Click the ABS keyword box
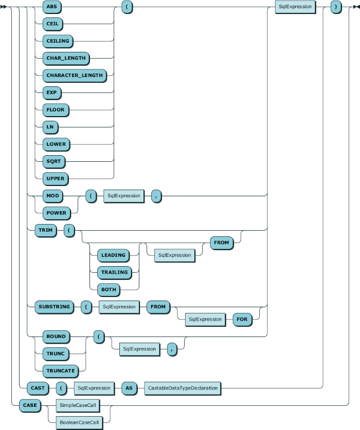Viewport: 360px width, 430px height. click(x=52, y=7)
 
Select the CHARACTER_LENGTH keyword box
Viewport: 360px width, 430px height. click(x=75, y=76)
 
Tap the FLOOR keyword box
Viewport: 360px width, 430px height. click(x=56, y=110)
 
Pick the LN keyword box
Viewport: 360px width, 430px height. click(x=50, y=127)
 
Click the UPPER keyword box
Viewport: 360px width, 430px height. click(x=56, y=179)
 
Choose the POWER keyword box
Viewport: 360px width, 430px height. click(x=56, y=213)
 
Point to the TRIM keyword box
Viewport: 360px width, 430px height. click(x=46, y=230)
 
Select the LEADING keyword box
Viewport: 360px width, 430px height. click(x=114, y=255)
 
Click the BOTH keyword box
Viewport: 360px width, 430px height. click(x=109, y=290)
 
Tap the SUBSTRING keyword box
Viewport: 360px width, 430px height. click(x=55, y=307)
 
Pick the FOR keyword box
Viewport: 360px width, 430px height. click(x=242, y=320)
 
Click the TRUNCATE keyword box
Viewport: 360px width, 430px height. click(x=61, y=371)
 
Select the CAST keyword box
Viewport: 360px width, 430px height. click(x=38, y=388)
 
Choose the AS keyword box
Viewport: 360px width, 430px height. click(x=129, y=388)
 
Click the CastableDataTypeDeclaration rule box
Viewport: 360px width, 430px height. click(x=183, y=388)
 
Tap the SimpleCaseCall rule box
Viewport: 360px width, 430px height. click(x=78, y=405)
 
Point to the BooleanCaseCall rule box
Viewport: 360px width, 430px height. click(x=79, y=423)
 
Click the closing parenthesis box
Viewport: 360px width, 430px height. click(x=336, y=7)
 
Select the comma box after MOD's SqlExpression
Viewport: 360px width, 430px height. click(x=156, y=196)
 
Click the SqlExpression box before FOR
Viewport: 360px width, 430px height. click(x=205, y=320)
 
